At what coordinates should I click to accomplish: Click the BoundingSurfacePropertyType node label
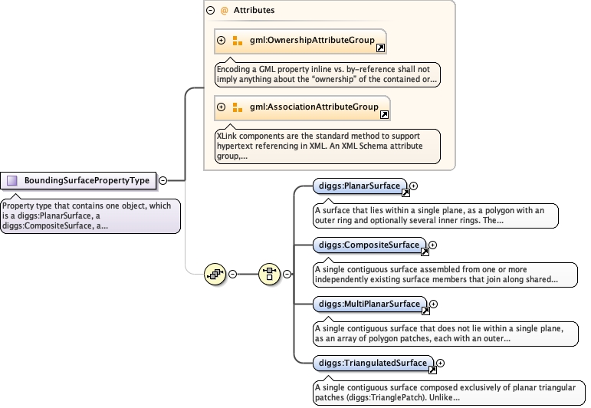click(x=87, y=181)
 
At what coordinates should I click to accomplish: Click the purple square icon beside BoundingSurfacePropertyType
click(x=12, y=181)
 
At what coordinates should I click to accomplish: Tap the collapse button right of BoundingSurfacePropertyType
click(x=163, y=181)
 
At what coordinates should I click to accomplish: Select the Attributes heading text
click(x=254, y=10)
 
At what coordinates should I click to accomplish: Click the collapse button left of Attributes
click(x=210, y=11)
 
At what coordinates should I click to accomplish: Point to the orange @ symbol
click(x=224, y=11)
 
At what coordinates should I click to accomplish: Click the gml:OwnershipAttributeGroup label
click(x=312, y=40)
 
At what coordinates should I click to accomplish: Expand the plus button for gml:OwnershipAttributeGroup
click(x=222, y=41)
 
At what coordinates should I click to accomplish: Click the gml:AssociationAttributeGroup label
click(x=314, y=107)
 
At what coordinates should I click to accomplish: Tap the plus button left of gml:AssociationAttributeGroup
click(x=222, y=107)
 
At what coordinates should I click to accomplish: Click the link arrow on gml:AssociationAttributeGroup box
click(x=384, y=114)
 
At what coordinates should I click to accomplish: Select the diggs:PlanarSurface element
click(x=360, y=186)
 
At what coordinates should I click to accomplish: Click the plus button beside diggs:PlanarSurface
click(x=413, y=186)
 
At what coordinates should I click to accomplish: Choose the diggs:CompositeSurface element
click(x=369, y=245)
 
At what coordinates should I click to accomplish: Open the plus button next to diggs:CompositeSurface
click(x=432, y=245)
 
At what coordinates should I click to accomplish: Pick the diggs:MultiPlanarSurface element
click(x=369, y=304)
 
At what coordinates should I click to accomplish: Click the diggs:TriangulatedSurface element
click(x=373, y=363)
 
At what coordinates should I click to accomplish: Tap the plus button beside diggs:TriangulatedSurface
click(x=440, y=363)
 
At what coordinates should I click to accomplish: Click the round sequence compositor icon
click(x=215, y=274)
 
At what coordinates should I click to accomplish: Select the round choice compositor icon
click(x=270, y=274)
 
